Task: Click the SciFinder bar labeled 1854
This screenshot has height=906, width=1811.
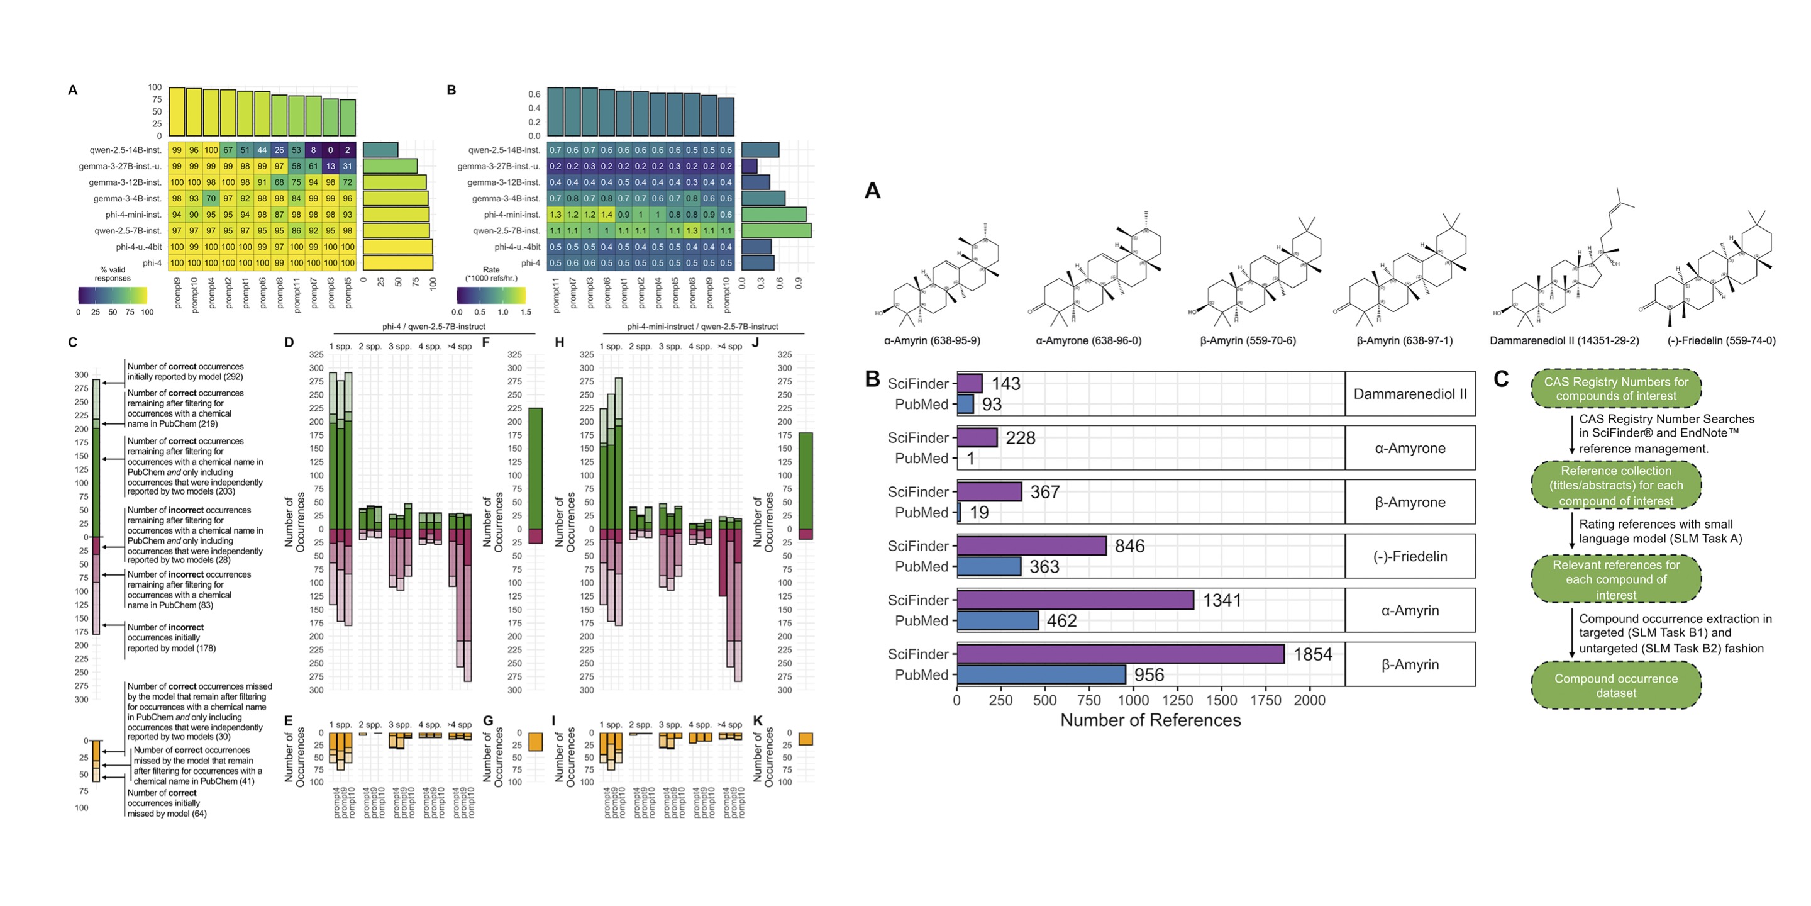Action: coord(1120,654)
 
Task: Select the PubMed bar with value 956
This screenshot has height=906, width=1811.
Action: coord(1041,674)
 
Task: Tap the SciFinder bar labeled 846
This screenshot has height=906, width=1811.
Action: coord(1031,546)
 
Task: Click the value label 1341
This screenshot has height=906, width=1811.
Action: coord(1222,600)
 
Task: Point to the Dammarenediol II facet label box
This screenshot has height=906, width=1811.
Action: coord(1410,394)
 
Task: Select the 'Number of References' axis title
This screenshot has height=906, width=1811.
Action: coord(1150,720)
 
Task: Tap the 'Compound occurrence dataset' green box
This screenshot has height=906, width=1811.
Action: coord(1615,685)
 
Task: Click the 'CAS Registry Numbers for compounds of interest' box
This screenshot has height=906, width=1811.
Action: coord(1615,388)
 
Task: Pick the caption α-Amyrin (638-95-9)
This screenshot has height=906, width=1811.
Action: coord(931,340)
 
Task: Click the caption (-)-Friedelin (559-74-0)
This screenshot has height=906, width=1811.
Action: coord(1721,340)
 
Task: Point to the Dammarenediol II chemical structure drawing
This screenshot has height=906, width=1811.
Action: coord(1562,267)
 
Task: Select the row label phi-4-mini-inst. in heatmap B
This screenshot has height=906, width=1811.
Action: coord(512,215)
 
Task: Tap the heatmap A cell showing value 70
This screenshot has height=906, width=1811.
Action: coord(211,198)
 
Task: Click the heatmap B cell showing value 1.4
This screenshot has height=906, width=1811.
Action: coord(607,215)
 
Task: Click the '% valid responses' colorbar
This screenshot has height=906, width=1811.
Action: coord(113,294)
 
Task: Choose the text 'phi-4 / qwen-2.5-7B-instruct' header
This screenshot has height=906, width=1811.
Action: coord(434,327)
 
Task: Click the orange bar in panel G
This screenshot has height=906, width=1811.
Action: coord(535,742)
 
